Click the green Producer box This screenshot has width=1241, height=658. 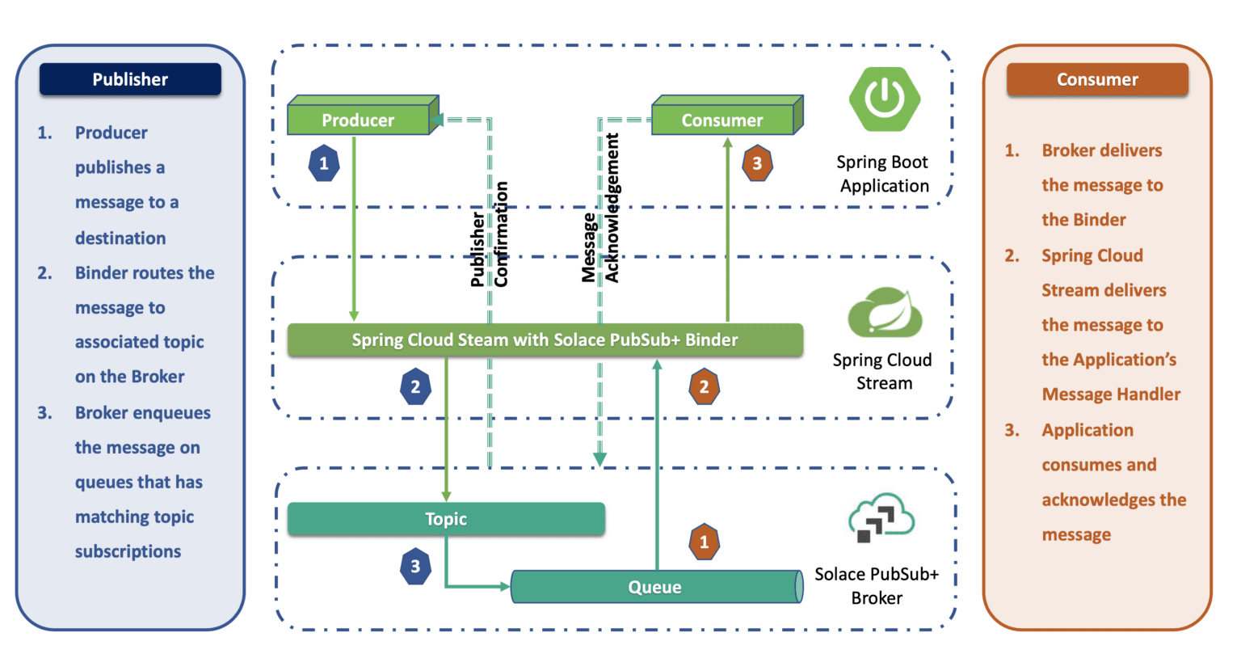359,120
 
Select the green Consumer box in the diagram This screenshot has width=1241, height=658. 722,120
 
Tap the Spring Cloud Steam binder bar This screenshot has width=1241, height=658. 545,340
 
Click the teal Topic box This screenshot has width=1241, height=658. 446,519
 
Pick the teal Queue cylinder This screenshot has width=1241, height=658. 654,587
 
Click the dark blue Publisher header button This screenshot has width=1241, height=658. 130,79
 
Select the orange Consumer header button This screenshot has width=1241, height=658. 1097,79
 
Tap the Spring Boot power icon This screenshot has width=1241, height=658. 885,99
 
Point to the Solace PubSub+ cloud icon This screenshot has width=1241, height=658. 881,518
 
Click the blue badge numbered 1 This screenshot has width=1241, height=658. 324,163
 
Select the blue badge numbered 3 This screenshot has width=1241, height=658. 415,566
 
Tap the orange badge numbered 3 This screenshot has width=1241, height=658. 757,163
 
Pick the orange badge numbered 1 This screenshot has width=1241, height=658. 704,542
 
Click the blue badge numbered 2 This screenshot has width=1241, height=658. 415,386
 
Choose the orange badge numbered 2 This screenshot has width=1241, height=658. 704,386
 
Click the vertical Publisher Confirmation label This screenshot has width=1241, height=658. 490,234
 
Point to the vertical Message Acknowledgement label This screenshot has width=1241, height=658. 601,209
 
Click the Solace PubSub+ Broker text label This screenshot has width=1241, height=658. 877,586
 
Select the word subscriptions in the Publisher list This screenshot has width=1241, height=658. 128,551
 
